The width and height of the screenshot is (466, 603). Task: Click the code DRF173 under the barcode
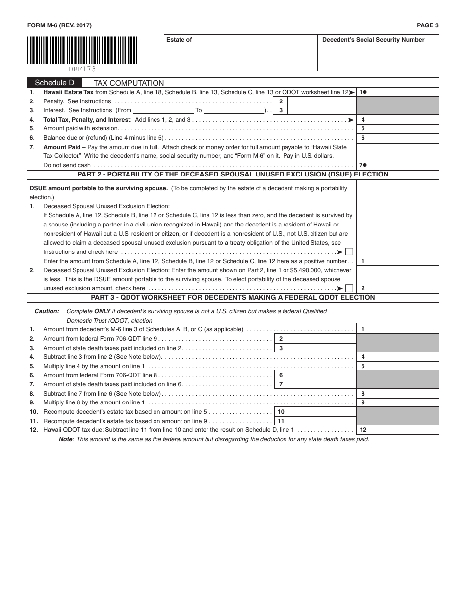coord(82,69)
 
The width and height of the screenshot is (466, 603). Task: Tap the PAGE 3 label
coord(427,25)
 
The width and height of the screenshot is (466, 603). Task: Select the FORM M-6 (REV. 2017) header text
coord(59,25)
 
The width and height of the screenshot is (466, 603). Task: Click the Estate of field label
coord(179,40)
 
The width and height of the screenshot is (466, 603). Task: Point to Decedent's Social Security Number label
coord(373,40)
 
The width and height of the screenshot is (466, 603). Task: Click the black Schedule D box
coord(54,83)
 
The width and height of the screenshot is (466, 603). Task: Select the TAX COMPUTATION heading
coord(129,83)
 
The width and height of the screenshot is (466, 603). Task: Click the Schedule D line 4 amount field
coord(404,120)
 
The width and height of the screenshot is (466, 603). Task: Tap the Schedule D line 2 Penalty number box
coord(281,101)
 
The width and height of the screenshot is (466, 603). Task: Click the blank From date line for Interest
coord(163,111)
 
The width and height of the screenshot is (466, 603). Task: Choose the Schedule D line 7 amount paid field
coord(404,165)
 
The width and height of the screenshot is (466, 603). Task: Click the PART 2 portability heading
coord(233,175)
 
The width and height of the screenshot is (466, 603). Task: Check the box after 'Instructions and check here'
coord(349,252)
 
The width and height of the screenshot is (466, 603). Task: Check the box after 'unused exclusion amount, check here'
coord(349,288)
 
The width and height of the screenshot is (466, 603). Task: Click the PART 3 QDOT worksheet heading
coord(233,298)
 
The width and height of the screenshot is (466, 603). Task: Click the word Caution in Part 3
coord(47,311)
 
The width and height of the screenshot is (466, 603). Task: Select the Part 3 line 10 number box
coord(281,412)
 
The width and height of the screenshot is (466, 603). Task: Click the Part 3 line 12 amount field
coord(404,430)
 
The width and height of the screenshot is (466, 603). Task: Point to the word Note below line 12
coord(65,439)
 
